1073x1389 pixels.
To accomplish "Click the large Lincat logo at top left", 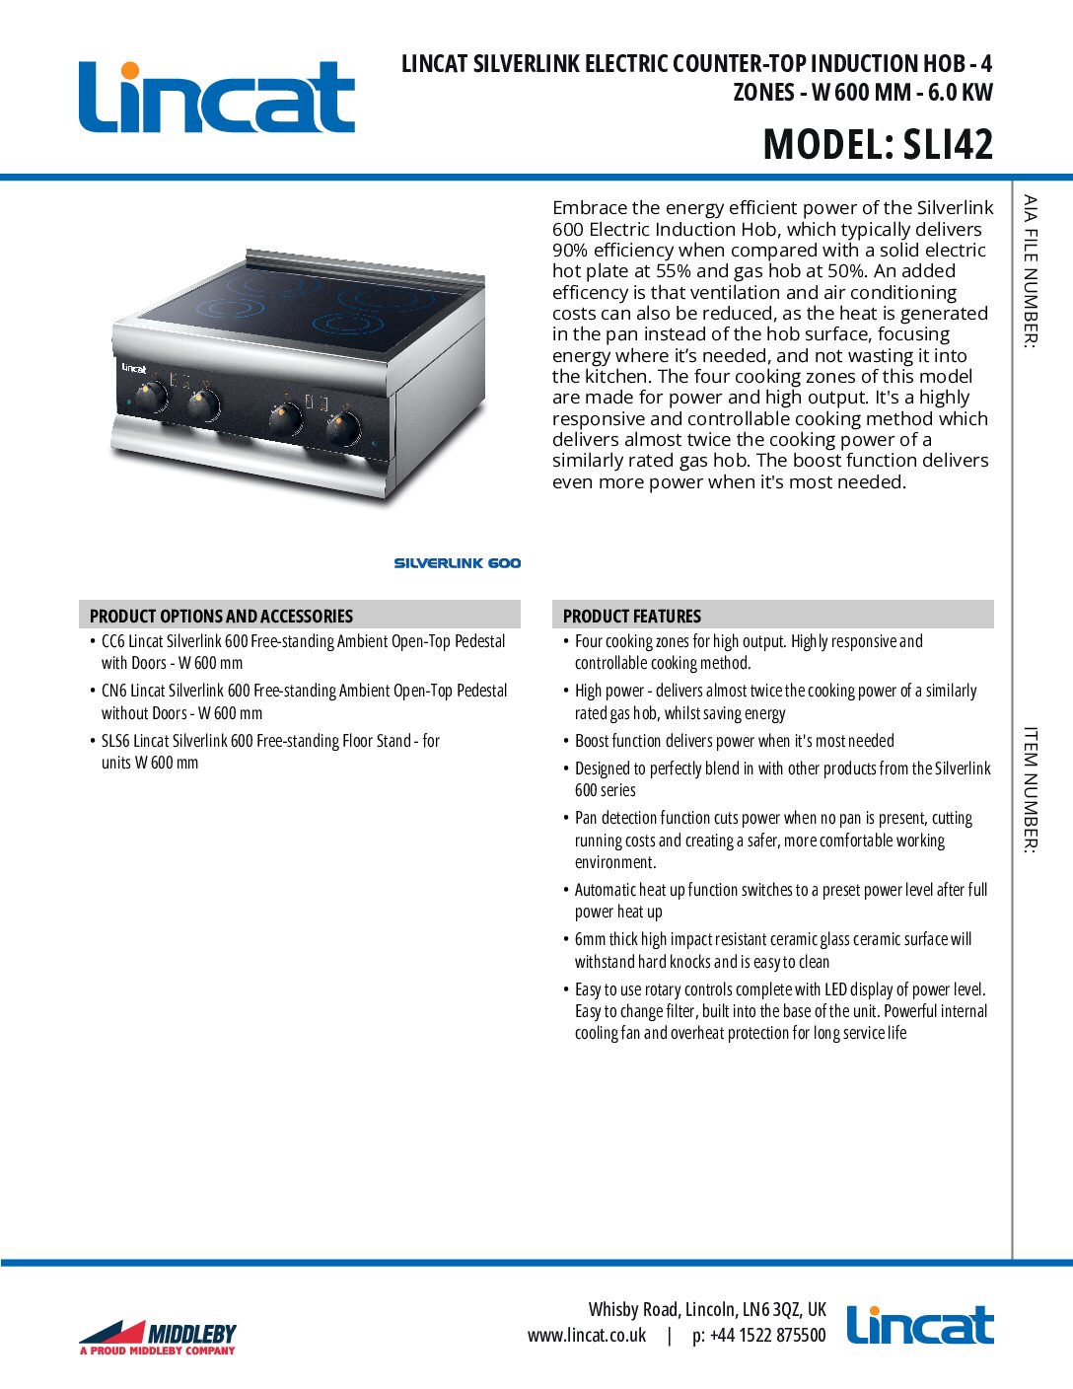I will click(x=216, y=97).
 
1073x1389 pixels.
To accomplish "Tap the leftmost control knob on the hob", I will click(x=149, y=398).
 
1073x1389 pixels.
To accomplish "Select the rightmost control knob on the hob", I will click(x=342, y=428).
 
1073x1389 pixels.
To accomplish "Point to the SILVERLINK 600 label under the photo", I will click(x=458, y=563).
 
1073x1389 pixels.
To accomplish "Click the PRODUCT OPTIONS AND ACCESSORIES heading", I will click(x=221, y=616).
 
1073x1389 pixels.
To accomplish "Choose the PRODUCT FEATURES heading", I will click(x=632, y=616).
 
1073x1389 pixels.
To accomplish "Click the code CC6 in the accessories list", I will click(x=113, y=641).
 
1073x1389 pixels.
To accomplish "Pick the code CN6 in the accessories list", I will click(x=113, y=691).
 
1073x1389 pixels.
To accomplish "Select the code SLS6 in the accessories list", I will click(x=116, y=741).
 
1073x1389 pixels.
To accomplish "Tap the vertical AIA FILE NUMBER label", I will click(x=1030, y=271).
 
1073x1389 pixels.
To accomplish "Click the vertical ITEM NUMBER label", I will click(x=1030, y=790).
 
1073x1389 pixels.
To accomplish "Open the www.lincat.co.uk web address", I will click(x=587, y=1336).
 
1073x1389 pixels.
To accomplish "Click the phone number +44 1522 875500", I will click(x=759, y=1336).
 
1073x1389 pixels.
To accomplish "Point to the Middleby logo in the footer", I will click(x=158, y=1337).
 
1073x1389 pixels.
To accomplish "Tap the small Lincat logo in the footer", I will click(x=920, y=1326).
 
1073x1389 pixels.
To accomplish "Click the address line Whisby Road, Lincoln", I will click(x=707, y=1310).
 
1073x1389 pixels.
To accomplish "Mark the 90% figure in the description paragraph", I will click(x=570, y=251).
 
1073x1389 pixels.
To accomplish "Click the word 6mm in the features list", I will click(x=590, y=939).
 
